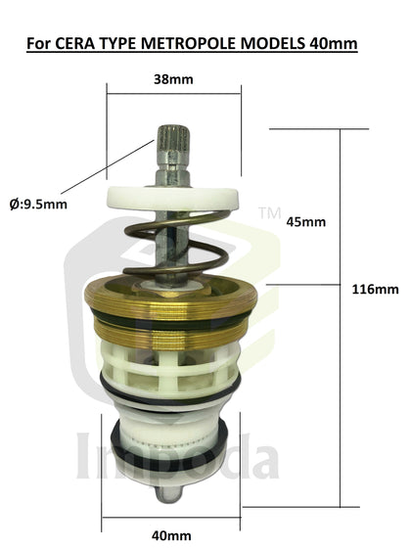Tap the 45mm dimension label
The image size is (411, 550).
tap(306, 221)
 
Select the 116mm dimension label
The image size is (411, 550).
tap(375, 289)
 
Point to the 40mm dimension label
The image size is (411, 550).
tap(172, 534)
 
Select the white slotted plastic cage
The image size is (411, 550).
tap(172, 367)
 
